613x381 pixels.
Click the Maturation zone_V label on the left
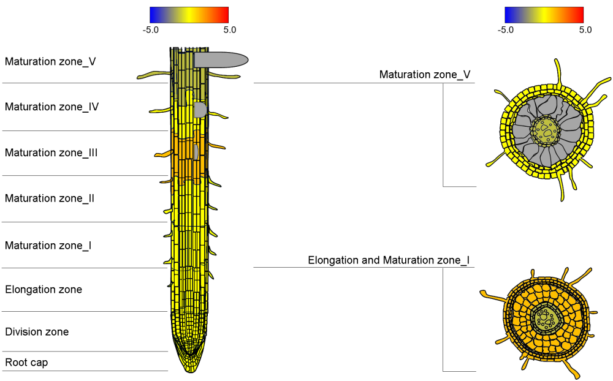50,61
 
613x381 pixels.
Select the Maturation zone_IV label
52,107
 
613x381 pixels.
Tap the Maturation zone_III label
51,153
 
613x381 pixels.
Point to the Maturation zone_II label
50,198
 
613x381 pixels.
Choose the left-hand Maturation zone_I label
48,245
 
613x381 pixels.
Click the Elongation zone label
44,289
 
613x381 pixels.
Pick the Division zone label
37,332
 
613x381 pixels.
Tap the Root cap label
26,363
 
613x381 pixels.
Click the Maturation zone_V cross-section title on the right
425,75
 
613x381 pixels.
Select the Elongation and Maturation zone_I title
389,260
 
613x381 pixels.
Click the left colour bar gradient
189,15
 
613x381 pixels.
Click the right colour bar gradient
544,15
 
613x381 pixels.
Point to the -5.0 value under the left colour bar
151,29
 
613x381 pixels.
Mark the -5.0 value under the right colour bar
506,29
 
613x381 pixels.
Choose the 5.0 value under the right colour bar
585,29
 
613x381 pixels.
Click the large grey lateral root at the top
221,59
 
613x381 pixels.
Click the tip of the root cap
189,369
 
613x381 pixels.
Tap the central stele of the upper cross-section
545,129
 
